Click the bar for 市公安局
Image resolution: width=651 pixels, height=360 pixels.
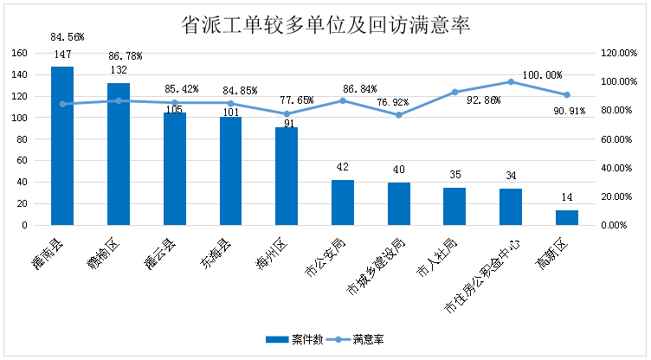(343, 202)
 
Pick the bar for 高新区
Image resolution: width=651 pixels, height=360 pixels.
(567, 217)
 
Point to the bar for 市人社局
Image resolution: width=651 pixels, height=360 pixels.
(454, 206)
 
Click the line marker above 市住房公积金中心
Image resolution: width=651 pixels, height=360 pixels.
(511, 81)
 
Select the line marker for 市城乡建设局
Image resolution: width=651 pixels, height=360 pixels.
(399, 115)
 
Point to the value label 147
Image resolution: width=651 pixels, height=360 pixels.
(62, 55)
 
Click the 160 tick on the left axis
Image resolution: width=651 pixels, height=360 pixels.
(19, 53)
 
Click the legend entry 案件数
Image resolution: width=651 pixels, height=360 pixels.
(294, 339)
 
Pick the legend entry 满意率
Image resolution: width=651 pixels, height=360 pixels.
(360, 339)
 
